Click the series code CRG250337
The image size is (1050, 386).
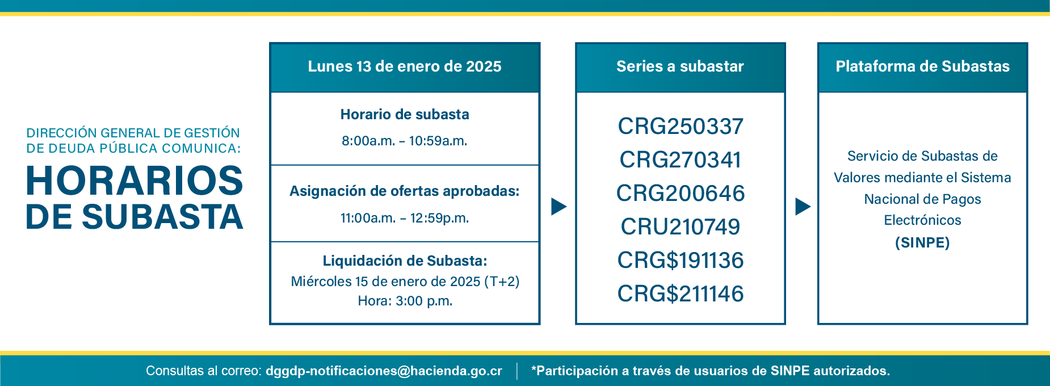[x=681, y=126]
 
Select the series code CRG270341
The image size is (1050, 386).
[x=681, y=160]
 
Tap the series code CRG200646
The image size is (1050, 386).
[x=681, y=193]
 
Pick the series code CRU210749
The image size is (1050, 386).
[x=681, y=226]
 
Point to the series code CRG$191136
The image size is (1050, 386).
[x=681, y=260]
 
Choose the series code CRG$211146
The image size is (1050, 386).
[x=681, y=293]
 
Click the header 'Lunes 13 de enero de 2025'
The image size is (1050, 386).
[x=405, y=66]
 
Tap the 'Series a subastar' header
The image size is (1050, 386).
[x=680, y=66]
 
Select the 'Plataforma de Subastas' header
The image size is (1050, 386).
[x=923, y=66]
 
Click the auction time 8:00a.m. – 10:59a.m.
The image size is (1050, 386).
[x=405, y=141]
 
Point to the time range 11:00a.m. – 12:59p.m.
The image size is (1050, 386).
[x=405, y=218]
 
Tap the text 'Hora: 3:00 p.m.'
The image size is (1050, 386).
[x=405, y=301]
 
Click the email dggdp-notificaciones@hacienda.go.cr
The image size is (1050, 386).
[x=384, y=371]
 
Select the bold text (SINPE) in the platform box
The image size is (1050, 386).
[x=922, y=243]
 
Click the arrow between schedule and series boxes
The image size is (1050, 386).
[x=559, y=206]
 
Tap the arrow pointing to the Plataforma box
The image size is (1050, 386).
[x=803, y=206]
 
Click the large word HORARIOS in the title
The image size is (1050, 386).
[x=135, y=181]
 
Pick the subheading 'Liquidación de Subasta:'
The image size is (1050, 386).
[x=405, y=261]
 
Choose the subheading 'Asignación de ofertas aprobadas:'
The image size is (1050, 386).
[x=405, y=191]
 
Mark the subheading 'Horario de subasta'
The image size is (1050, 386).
[x=405, y=115]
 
